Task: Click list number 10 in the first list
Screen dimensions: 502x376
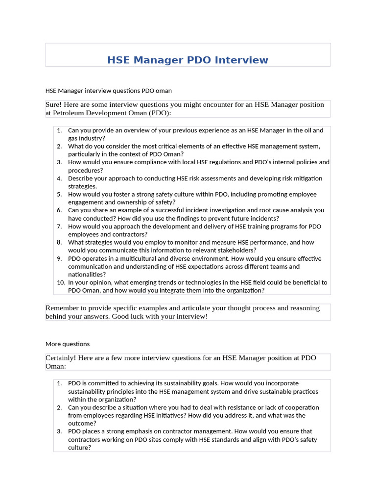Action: [x=61, y=282]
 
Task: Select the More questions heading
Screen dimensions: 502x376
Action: [x=68, y=344]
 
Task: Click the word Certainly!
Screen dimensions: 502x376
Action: [x=62, y=358]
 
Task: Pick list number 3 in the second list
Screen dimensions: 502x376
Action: [x=59, y=431]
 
